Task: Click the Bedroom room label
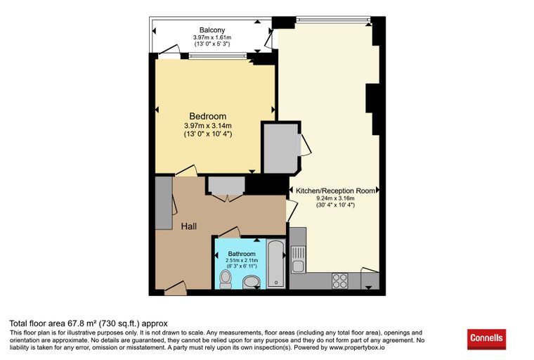pyautogui.click(x=208, y=116)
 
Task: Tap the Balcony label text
pyautogui.click(x=212, y=30)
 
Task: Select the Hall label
pyautogui.click(x=189, y=226)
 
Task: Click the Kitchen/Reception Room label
pyautogui.click(x=335, y=191)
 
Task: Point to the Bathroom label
pyautogui.click(x=242, y=254)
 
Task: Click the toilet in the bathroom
pyautogui.click(x=225, y=279)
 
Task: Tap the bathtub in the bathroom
pyautogui.click(x=276, y=264)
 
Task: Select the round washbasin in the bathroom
pyautogui.click(x=252, y=282)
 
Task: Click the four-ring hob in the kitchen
pyautogui.click(x=340, y=281)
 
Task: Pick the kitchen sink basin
pyautogui.click(x=299, y=266)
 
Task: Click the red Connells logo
pyautogui.click(x=486, y=339)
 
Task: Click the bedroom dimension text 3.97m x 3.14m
pyautogui.click(x=208, y=126)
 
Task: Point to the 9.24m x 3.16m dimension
pyautogui.click(x=335, y=198)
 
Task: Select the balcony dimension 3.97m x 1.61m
pyautogui.click(x=212, y=37)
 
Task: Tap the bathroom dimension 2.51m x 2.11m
pyautogui.click(x=242, y=260)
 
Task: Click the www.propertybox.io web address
pyautogui.click(x=356, y=348)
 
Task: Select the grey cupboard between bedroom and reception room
pyautogui.click(x=281, y=148)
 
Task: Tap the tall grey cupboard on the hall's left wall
pyautogui.click(x=164, y=202)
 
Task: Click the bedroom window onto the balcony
pyautogui.click(x=218, y=56)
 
